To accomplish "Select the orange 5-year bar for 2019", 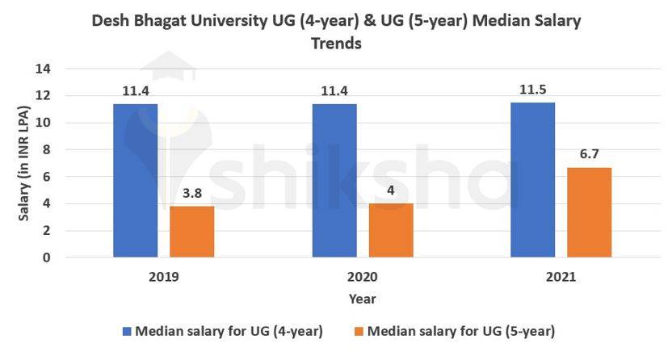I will click(x=191, y=232).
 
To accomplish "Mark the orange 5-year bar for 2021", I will click(x=590, y=212).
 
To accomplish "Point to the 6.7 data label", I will click(x=590, y=153).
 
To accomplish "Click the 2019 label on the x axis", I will click(x=164, y=277).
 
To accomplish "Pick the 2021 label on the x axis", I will click(x=561, y=277).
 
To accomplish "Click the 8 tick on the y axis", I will click(x=48, y=150).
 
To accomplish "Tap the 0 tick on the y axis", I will click(x=48, y=257).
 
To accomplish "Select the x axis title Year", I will click(x=362, y=299).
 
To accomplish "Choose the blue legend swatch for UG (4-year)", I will click(x=128, y=331).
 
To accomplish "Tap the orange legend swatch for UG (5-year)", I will click(x=359, y=331).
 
